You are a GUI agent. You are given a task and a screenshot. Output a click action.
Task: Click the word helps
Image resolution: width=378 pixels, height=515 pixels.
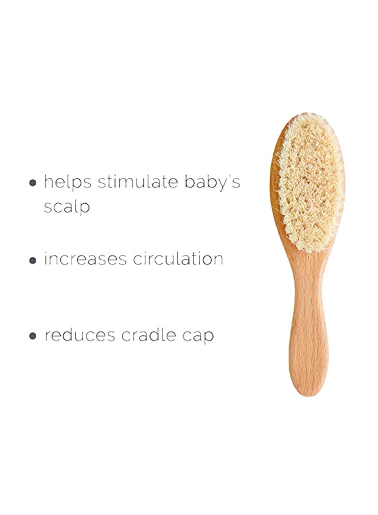coord(68,183)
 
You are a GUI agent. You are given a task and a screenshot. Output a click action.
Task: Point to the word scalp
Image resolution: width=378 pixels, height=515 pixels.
coord(67,207)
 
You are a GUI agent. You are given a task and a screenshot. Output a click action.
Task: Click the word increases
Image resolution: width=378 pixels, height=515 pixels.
coord(85,259)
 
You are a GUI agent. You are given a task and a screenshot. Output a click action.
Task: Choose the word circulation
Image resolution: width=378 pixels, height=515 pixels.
coord(178,259)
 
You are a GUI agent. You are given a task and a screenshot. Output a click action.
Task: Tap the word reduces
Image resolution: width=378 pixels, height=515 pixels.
coord(79,335)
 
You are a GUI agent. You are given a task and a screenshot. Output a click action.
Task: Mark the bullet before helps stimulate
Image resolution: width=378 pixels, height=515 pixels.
coord(33,183)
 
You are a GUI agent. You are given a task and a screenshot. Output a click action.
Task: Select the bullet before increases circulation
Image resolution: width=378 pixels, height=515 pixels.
coord(33,260)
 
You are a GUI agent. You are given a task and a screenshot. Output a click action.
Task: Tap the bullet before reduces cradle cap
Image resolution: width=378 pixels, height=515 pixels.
coord(33,336)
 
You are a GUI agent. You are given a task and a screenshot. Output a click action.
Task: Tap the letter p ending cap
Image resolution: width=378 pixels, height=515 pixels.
coord(208,337)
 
